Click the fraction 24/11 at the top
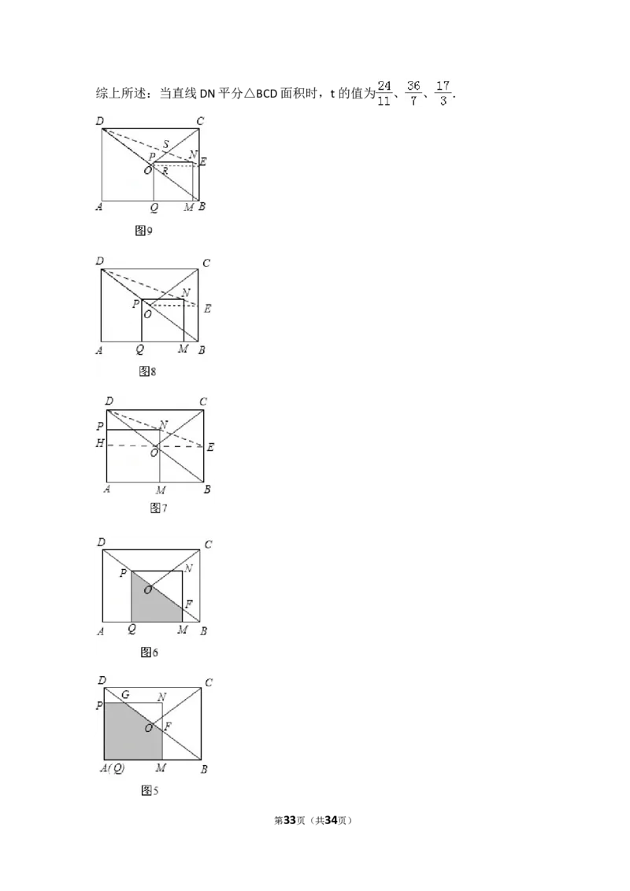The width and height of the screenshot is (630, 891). click(384, 92)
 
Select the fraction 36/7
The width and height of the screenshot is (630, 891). click(413, 92)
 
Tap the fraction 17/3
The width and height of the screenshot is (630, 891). click(443, 92)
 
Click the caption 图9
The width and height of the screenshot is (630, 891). click(143, 231)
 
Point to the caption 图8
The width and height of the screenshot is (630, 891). click(147, 372)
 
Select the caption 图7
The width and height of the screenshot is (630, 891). click(158, 508)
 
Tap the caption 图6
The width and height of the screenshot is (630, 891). click(149, 653)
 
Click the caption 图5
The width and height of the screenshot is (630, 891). click(149, 790)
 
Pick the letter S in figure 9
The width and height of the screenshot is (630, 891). click(165, 144)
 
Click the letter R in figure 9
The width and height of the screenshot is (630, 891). click(165, 171)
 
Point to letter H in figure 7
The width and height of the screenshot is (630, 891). click(100, 444)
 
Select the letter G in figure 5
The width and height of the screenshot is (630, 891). click(125, 695)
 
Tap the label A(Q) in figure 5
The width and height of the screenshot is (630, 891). click(112, 768)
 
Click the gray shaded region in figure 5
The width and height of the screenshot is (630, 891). click(126, 732)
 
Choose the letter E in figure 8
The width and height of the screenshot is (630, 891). click(207, 309)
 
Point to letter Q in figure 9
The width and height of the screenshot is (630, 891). click(154, 208)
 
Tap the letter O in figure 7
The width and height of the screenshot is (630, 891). click(154, 453)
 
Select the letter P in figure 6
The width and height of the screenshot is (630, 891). click(123, 573)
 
